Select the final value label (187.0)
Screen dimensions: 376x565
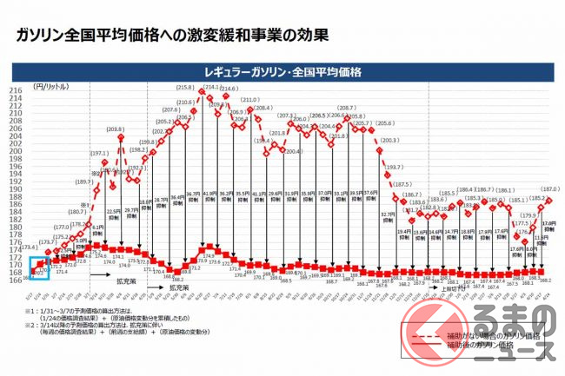(x=548, y=188)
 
